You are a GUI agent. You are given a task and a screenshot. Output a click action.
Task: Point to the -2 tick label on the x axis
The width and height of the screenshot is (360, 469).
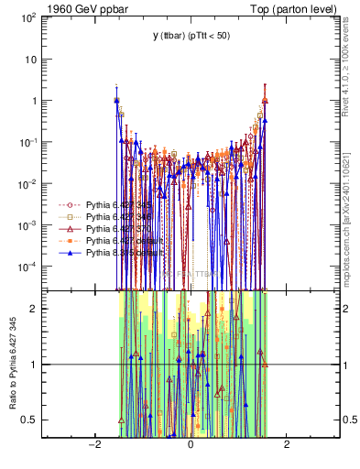(93, 446)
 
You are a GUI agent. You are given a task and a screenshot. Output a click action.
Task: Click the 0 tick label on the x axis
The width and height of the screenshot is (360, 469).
(190, 446)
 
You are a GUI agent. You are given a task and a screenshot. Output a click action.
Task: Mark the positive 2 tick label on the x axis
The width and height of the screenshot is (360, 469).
(287, 446)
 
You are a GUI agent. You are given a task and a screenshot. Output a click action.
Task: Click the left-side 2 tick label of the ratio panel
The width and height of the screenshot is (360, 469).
(38, 308)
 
